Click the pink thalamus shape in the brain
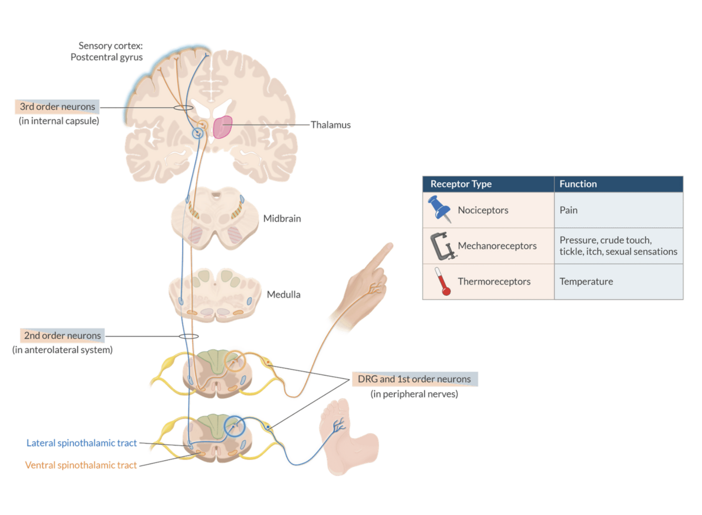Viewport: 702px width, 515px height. click(x=223, y=127)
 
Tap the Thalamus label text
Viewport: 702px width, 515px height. click(x=330, y=125)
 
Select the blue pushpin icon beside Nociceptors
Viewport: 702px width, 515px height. click(x=439, y=208)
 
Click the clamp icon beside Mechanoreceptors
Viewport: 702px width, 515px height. click(x=441, y=246)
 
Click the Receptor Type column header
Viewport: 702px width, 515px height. click(x=461, y=184)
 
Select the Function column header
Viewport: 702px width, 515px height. click(x=578, y=184)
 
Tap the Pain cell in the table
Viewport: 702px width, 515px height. click(x=568, y=210)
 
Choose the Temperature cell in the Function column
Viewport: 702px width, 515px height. click(x=586, y=282)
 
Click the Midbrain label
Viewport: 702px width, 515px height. click(x=282, y=219)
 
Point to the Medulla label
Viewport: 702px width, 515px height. click(x=284, y=295)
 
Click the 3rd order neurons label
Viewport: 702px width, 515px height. click(x=57, y=107)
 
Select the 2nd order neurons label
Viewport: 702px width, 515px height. click(x=62, y=335)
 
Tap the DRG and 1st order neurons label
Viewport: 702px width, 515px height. click(x=414, y=379)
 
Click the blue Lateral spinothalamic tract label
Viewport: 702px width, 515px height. click(x=82, y=443)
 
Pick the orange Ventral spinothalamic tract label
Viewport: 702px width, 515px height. click(x=81, y=465)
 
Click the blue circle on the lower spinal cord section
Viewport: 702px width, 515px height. click(x=235, y=426)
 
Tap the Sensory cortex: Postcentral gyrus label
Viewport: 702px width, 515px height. click(x=107, y=51)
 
